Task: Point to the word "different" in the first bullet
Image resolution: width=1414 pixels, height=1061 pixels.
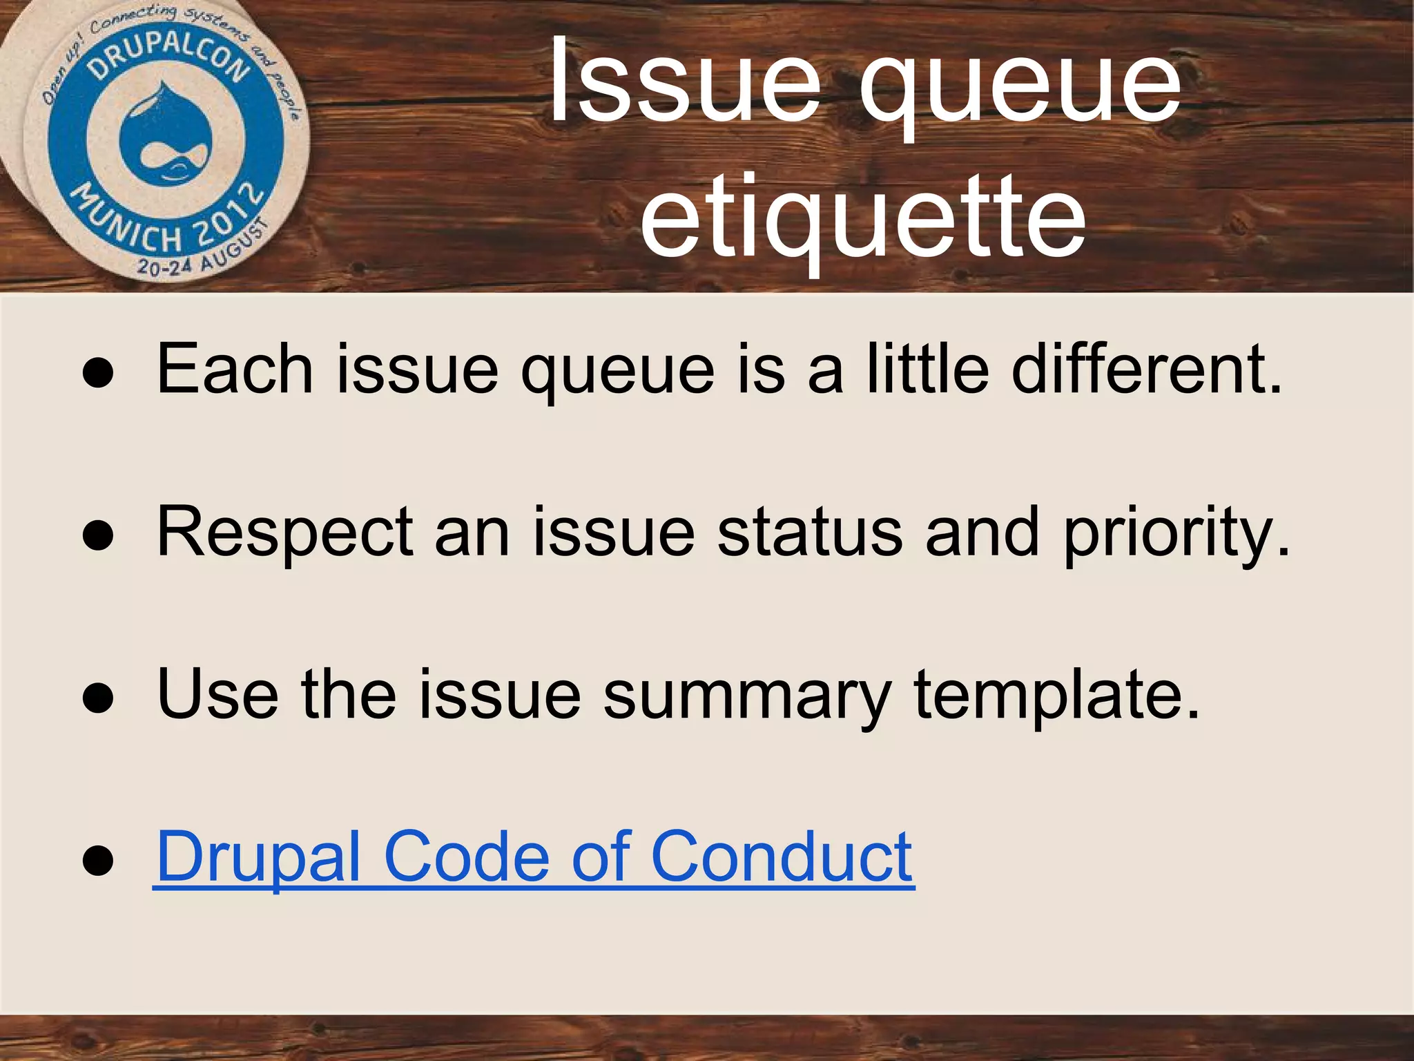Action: pyautogui.click(x=1146, y=370)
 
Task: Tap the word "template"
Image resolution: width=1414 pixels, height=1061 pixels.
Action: pyautogui.click(x=1056, y=695)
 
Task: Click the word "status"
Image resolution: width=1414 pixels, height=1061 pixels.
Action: pyautogui.click(x=809, y=533)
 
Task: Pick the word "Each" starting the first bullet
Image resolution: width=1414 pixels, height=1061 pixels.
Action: pyautogui.click(x=235, y=370)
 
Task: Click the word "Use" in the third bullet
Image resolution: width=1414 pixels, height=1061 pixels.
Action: pyautogui.click(x=217, y=695)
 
